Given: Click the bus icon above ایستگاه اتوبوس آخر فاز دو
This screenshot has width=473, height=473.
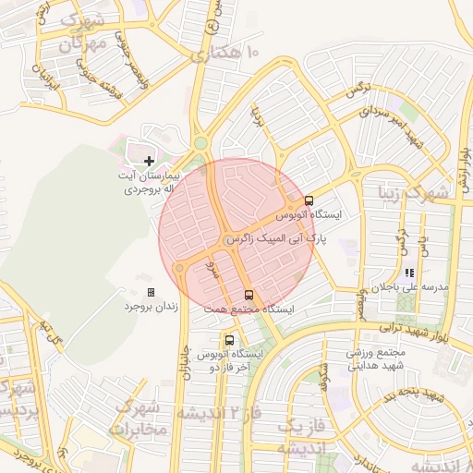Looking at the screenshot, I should (229, 339).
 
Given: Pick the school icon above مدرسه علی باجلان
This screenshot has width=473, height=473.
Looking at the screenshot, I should (407, 273).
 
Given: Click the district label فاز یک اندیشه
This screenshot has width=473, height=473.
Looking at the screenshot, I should (302, 437).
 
